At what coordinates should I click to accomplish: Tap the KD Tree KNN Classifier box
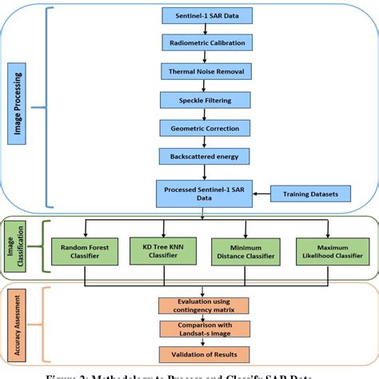point(163,250)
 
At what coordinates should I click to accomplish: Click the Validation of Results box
point(203,353)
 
